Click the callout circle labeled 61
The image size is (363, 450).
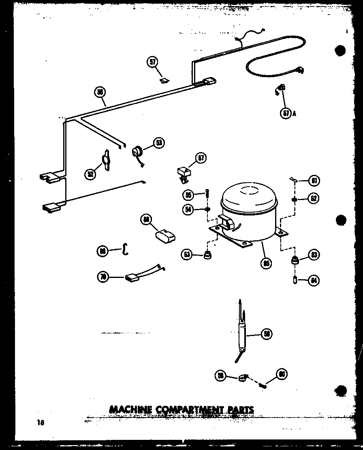tap(314, 181)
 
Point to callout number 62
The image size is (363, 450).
tap(314, 198)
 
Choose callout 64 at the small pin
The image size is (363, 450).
tap(314, 280)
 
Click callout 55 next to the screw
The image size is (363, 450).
tap(188, 195)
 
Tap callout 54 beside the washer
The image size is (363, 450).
tap(188, 209)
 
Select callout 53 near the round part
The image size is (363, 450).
tap(159, 143)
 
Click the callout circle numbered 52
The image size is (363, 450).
tap(90, 174)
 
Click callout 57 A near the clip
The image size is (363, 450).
tap(286, 114)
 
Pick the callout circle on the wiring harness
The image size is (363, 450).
tap(100, 93)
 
